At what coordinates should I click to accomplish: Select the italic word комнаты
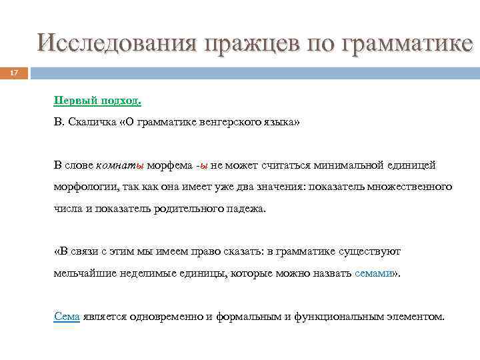tap(120, 165)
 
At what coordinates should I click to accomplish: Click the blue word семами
tap(374, 273)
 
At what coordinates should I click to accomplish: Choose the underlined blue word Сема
tap(67, 317)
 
